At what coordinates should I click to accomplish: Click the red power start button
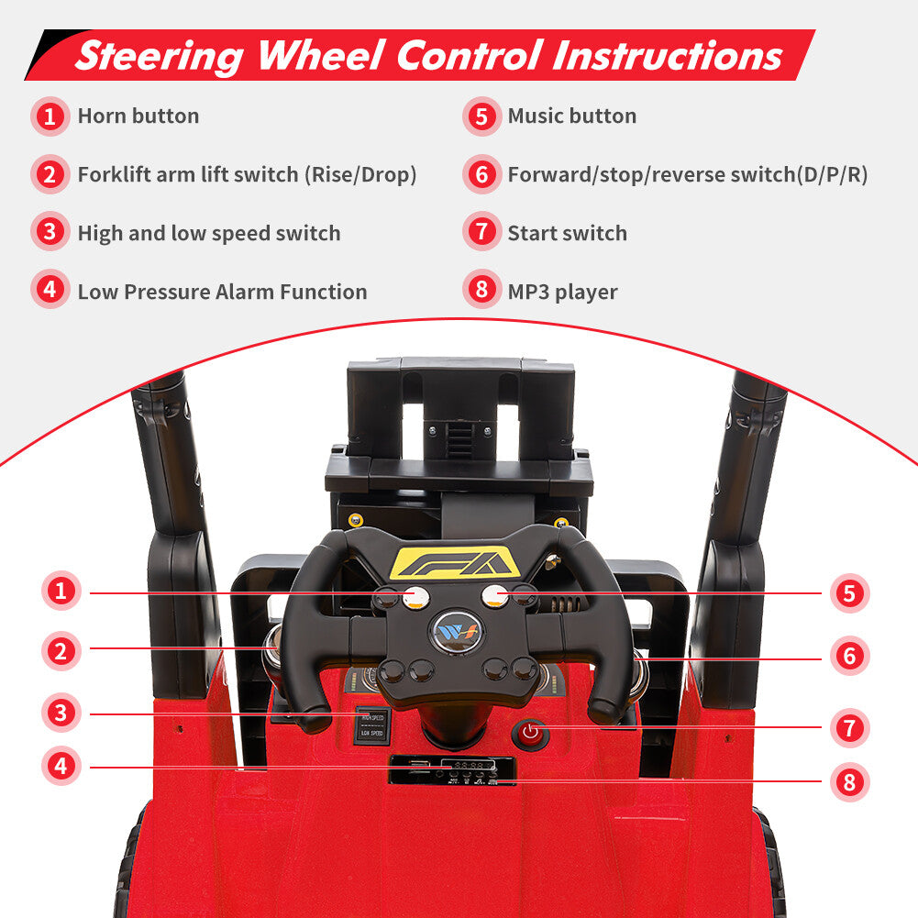[530, 733]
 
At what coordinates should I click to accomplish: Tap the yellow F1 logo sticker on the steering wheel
[455, 562]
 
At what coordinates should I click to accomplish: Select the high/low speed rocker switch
[371, 724]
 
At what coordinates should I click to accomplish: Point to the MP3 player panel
[452, 769]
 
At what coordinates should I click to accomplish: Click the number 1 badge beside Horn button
[50, 116]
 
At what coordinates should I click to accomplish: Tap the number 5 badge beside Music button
[481, 116]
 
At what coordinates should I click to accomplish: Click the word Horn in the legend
[102, 116]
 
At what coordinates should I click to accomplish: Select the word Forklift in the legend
[115, 174]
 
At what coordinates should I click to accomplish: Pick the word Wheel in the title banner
[320, 56]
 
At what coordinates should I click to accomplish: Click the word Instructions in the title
[668, 56]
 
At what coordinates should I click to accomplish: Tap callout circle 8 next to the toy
[849, 781]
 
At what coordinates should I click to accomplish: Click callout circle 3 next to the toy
[61, 713]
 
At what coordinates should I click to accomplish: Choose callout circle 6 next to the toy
[849, 656]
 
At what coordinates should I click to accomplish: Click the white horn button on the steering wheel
[415, 597]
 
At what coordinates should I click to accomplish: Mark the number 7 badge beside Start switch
[481, 232]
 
